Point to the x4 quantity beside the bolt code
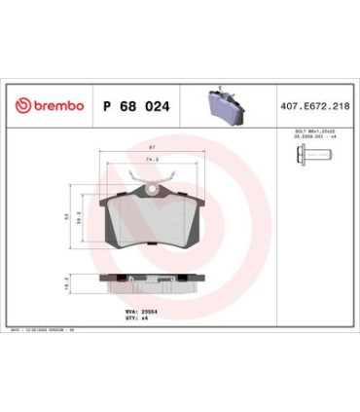(333, 136)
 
